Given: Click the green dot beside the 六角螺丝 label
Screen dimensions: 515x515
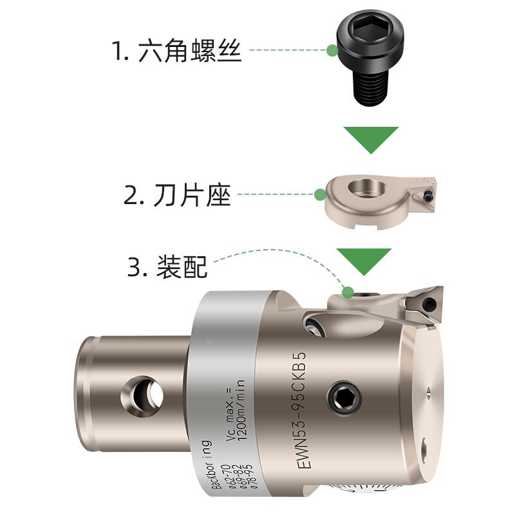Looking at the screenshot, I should click(x=332, y=50).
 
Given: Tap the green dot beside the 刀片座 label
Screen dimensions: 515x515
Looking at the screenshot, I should click(x=320, y=193).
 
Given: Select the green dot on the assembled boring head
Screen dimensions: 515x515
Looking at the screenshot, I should click(x=348, y=293).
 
